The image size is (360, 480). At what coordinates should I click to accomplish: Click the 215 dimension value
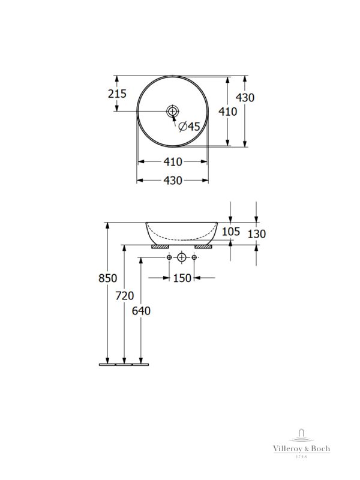118,94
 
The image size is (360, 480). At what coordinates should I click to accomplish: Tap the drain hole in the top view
173,111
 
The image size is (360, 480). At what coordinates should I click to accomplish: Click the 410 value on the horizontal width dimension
173,162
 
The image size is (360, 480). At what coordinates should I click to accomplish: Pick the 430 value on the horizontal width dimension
173,181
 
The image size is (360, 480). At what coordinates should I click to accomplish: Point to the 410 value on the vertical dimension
227,111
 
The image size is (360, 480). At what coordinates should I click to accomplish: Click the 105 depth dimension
230,232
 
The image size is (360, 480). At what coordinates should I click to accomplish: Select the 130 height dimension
256,234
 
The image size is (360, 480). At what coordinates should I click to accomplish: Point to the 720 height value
124,296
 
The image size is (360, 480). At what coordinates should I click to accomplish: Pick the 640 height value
141,311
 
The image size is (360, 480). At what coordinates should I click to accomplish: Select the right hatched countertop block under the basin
203,246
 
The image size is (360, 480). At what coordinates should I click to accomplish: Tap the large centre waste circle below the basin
182,258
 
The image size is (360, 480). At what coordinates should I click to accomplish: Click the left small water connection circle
169,258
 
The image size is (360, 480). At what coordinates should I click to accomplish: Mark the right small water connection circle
195,258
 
